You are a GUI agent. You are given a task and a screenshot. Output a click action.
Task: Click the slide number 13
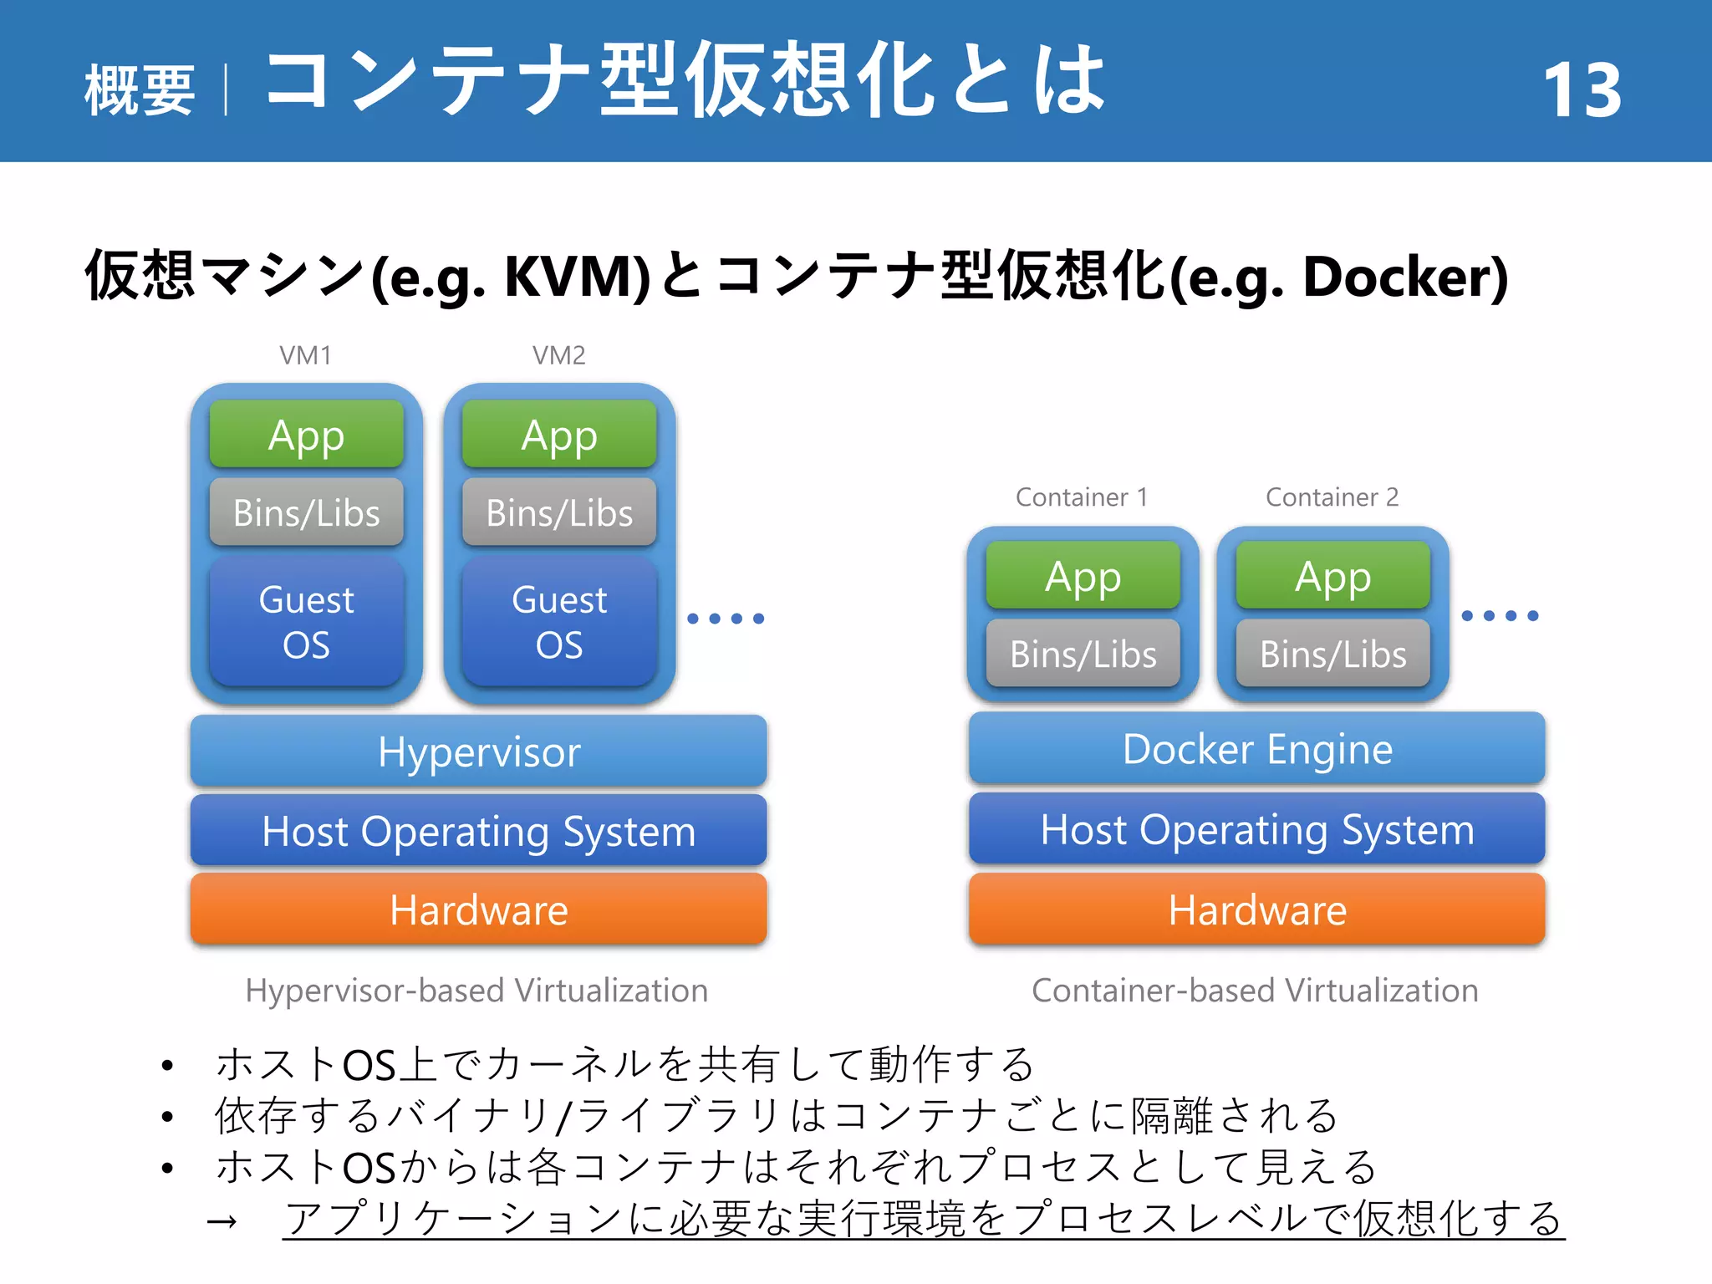[x=1582, y=90]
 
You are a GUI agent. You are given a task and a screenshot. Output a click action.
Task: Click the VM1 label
[x=305, y=355]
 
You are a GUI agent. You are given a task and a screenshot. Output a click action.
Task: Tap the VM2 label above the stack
[x=558, y=355]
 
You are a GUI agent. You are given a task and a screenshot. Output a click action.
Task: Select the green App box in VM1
[x=306, y=435]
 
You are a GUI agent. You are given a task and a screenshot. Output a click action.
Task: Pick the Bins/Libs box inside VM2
[x=559, y=512]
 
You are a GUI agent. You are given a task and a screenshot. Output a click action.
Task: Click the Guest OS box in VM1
[x=306, y=622]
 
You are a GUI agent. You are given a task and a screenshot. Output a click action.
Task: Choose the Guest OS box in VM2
[x=559, y=622]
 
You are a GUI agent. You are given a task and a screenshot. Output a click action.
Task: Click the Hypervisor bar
[x=478, y=751]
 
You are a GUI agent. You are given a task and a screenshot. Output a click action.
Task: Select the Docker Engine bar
[x=1256, y=748]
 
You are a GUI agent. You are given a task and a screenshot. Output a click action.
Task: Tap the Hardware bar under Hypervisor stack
[x=478, y=909]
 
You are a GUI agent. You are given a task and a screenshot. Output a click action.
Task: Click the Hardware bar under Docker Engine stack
[x=1256, y=909]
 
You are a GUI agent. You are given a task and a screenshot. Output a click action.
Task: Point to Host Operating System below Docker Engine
[x=1256, y=829]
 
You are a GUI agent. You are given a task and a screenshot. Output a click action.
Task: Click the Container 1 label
[x=1081, y=497]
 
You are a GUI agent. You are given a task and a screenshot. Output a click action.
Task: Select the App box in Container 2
[x=1332, y=576]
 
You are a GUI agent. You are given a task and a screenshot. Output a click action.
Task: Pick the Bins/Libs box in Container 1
[x=1083, y=654]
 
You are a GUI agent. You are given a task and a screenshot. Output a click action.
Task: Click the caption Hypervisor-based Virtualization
[x=476, y=991]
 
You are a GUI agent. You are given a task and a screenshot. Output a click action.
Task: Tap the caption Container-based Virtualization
[x=1255, y=991]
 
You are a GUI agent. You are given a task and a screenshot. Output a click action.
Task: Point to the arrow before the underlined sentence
[x=222, y=1222]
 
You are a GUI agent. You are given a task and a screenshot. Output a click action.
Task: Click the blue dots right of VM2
[x=726, y=619]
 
